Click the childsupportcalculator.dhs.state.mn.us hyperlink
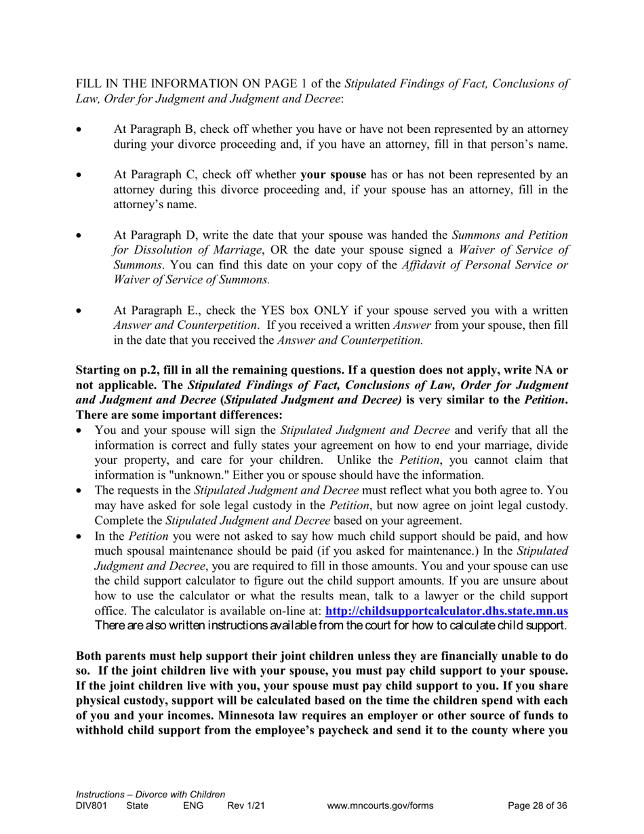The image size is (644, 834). click(x=447, y=610)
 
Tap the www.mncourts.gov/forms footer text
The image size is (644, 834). click(x=380, y=806)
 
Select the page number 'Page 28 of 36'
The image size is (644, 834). click(x=537, y=806)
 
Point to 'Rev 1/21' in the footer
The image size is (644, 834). click(x=245, y=806)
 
